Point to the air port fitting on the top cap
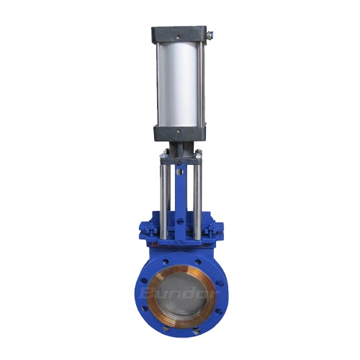[x=210, y=32]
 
